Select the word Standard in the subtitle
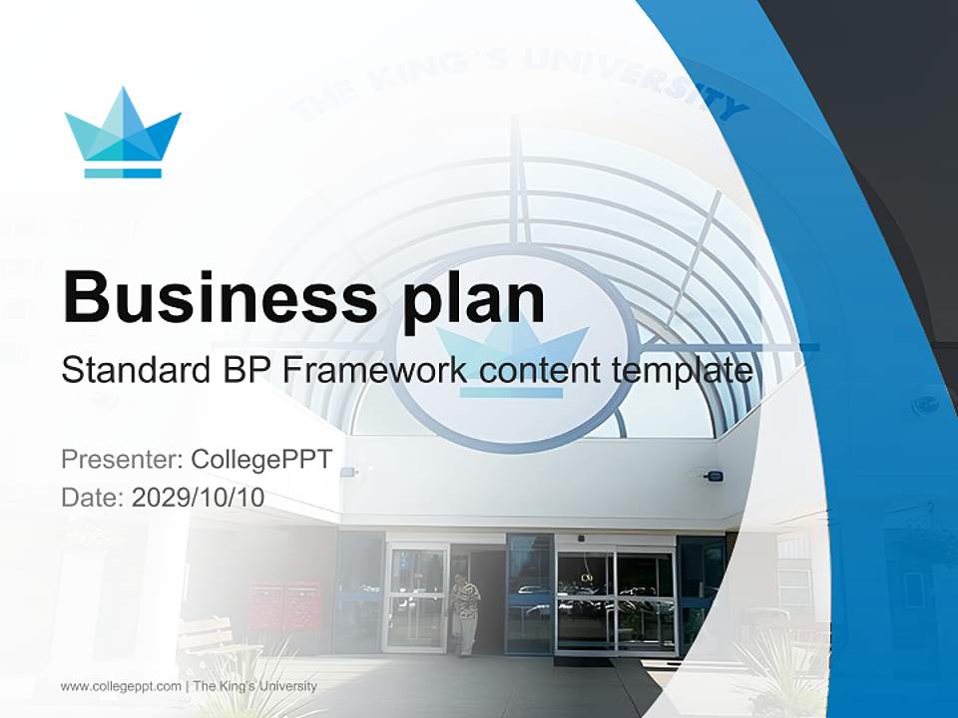tap(131, 371)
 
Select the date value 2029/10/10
tap(198, 498)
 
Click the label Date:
tap(93, 498)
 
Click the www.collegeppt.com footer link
tap(121, 686)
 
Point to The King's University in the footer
tap(254, 686)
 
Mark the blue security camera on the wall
tap(713, 476)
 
